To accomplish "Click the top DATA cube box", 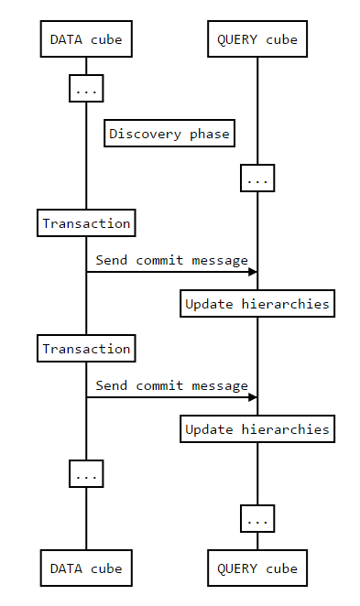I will tap(86, 39).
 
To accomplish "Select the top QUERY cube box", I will tap(257, 39).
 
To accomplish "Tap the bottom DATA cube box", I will tap(86, 568).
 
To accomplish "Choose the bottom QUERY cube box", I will tap(257, 568).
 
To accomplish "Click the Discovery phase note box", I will tap(169, 134).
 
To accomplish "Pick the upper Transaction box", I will tap(86, 223).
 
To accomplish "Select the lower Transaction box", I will tap(86, 349).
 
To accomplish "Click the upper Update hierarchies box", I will tap(257, 304).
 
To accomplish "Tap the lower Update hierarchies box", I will tap(257, 429).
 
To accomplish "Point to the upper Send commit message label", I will tap(171, 260).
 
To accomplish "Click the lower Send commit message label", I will tap(171, 385).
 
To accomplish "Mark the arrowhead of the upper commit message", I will tap(252, 272).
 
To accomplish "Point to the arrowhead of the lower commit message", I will tap(252, 397).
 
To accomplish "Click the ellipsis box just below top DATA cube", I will tap(86, 90).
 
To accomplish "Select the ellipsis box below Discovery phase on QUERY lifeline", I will tap(257, 179).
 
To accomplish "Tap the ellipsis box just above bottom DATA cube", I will tap(86, 474).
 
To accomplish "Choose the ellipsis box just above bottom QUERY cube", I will tap(257, 519).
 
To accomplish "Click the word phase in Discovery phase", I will tap(210, 134).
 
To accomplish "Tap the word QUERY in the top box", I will tap(236, 39).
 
